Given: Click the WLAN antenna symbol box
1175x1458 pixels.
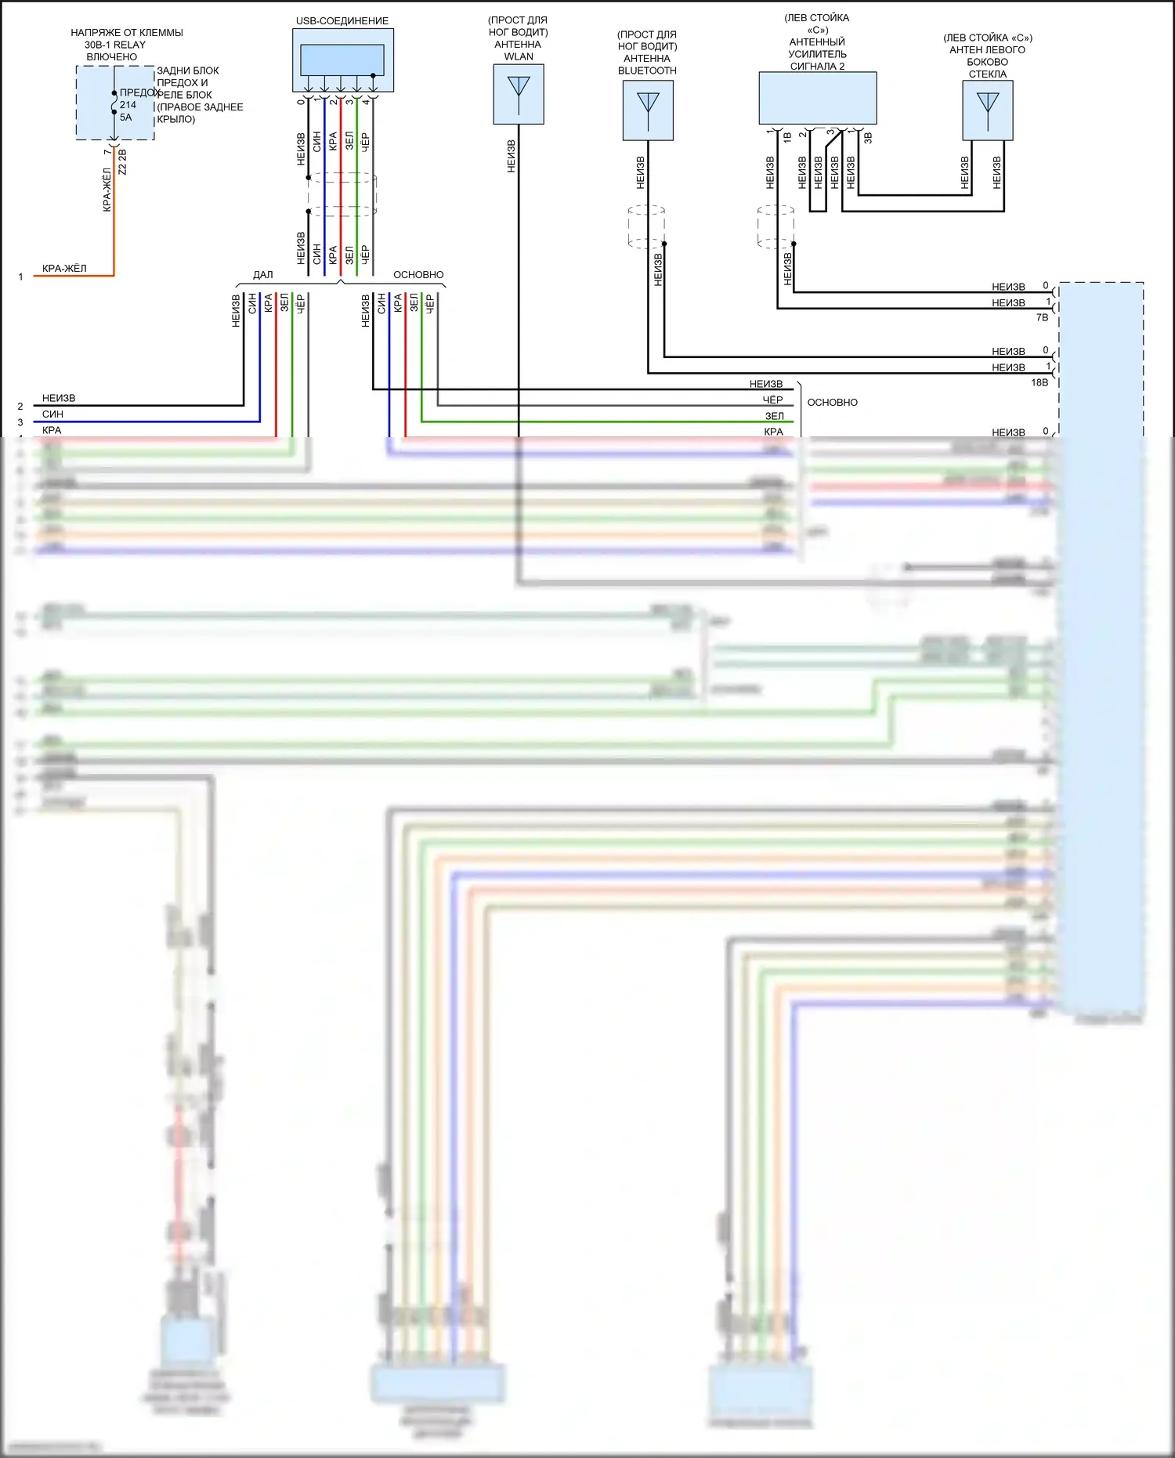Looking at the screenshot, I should point(519,94).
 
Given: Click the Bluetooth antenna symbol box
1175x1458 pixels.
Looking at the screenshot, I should point(648,110).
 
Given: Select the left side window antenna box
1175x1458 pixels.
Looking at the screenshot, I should point(988,110).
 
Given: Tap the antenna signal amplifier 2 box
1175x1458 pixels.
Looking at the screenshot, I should point(817,98).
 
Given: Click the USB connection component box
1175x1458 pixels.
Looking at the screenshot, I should point(343,60).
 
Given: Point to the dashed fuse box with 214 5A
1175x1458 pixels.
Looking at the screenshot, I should point(115,103).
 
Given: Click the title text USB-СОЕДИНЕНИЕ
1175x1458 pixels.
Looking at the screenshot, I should point(342,21).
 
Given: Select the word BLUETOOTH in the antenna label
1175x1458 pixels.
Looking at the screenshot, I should point(647,71).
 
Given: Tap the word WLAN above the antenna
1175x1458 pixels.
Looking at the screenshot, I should point(519,56).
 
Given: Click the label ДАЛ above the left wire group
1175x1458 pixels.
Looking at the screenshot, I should point(263,275).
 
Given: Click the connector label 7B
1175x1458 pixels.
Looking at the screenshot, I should point(1042,317).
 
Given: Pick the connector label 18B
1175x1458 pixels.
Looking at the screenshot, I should point(1039,382).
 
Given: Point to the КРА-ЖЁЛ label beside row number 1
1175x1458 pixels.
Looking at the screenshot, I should point(64,269).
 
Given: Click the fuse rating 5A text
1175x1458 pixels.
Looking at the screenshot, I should point(126,118).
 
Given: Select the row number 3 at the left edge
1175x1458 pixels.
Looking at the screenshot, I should point(20,422).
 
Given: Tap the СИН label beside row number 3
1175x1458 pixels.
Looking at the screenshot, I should point(52,414).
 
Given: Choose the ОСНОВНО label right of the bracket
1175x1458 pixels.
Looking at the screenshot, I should point(832,403).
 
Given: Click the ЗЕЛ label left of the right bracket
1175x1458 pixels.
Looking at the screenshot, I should point(774,416).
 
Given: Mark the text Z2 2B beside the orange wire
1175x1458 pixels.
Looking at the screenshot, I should point(122,162).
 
